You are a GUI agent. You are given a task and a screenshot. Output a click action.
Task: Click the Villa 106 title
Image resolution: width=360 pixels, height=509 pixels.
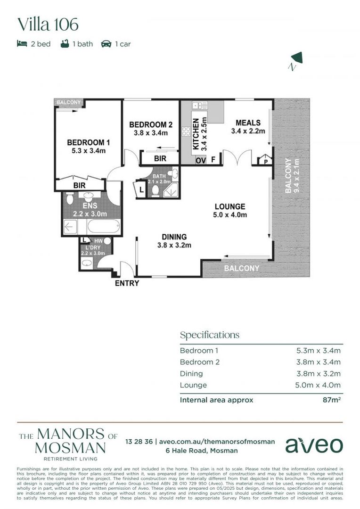click(x=48, y=25)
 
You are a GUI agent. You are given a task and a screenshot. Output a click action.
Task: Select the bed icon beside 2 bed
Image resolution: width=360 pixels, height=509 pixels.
click(x=22, y=44)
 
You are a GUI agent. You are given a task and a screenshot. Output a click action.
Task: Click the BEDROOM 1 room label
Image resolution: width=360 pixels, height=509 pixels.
click(x=88, y=143)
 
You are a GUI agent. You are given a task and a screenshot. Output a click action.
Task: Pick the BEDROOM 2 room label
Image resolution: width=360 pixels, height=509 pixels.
click(x=151, y=125)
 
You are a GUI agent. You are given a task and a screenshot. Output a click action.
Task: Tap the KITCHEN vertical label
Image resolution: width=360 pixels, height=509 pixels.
click(x=196, y=134)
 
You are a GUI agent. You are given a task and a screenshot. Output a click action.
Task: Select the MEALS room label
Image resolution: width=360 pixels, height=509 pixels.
click(x=248, y=123)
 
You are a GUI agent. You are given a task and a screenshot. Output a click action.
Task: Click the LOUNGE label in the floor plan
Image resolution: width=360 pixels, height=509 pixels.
click(x=230, y=206)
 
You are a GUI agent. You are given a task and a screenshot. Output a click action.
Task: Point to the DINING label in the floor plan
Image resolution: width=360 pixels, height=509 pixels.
click(x=174, y=237)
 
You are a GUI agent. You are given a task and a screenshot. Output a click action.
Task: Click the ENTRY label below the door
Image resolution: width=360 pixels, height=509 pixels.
click(x=127, y=283)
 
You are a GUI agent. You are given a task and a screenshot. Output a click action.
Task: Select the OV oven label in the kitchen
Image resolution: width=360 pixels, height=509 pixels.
click(x=200, y=160)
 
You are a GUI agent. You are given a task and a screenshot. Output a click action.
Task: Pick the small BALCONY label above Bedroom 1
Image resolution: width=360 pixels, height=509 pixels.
click(x=68, y=102)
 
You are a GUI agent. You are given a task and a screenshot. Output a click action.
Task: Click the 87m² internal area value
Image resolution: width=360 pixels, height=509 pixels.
click(x=330, y=400)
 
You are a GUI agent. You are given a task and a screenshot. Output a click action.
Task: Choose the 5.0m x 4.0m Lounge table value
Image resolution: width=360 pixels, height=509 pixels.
click(x=318, y=385)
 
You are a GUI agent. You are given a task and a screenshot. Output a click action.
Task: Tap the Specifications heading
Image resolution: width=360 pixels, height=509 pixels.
click(x=210, y=335)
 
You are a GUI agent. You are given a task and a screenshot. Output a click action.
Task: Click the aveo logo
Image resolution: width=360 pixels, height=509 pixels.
click(x=314, y=444)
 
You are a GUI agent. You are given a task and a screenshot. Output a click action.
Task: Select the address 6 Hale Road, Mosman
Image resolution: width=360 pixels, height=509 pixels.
click(x=201, y=451)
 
